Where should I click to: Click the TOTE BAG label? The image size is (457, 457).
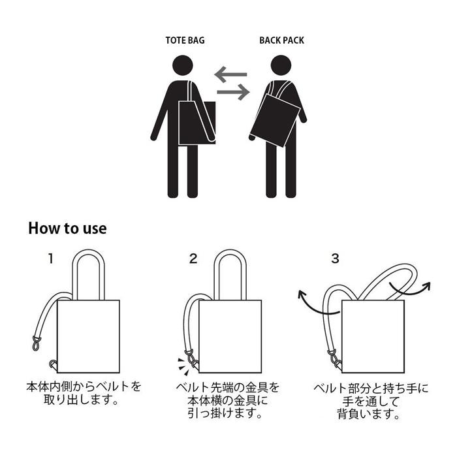185,40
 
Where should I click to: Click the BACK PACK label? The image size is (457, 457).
281,40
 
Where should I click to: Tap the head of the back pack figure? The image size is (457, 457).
281,66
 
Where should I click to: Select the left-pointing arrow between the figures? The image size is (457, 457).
231,75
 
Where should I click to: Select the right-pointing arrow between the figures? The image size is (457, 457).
233,93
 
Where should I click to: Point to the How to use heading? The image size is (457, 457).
67,228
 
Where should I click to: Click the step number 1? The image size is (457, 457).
51,259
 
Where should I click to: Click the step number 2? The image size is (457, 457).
193,259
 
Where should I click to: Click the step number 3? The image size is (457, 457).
335,259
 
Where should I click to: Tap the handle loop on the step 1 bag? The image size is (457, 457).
88,268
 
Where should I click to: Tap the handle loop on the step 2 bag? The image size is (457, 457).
230,268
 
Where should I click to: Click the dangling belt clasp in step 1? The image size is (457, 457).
36,341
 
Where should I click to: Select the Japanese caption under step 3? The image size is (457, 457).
371,401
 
